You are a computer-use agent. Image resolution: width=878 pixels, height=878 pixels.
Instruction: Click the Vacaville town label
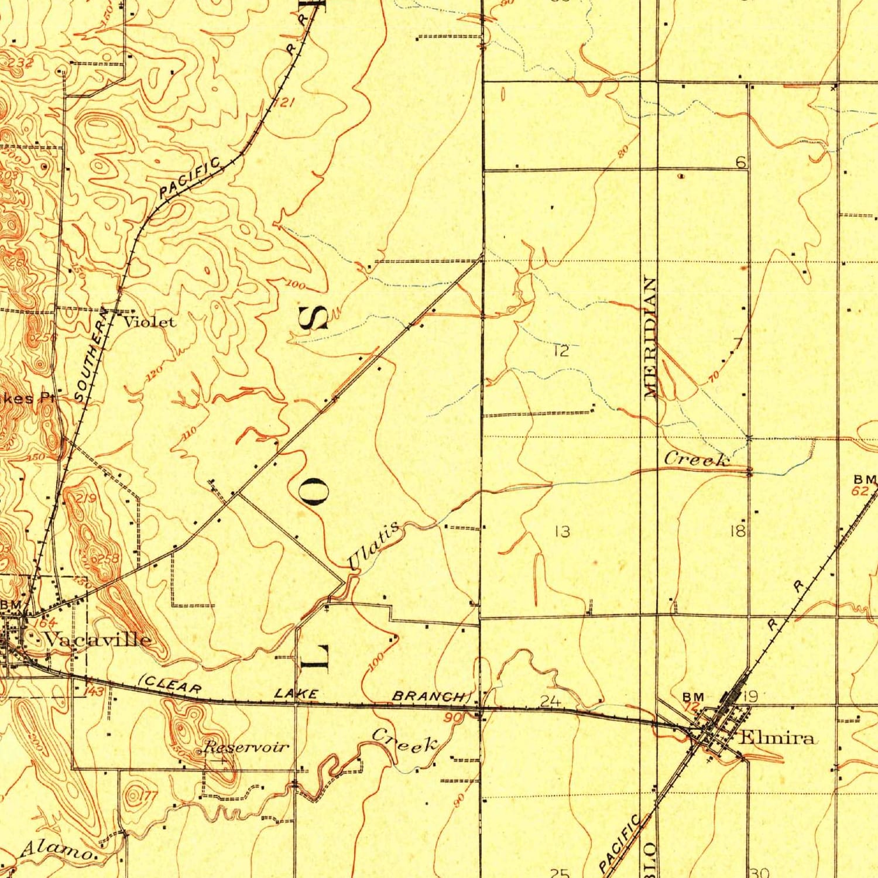tap(98, 639)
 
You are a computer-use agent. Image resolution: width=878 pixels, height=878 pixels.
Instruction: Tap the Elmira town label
tap(777, 738)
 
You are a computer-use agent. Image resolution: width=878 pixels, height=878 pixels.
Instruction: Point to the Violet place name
tap(149, 321)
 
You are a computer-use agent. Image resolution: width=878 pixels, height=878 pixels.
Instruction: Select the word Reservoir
tap(246, 747)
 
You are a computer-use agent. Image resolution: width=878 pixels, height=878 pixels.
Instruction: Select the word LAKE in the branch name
tap(296, 694)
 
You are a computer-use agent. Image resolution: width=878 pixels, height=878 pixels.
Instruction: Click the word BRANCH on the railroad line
tap(430, 697)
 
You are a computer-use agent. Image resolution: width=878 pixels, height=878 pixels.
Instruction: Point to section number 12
tap(560, 351)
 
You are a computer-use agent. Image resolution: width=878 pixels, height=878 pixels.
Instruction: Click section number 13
tap(562, 531)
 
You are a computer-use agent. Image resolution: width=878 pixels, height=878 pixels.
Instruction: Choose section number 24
tap(550, 701)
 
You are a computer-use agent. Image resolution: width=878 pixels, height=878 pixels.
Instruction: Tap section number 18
tap(738, 531)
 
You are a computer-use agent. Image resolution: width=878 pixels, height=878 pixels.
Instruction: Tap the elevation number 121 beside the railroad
tap(284, 104)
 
